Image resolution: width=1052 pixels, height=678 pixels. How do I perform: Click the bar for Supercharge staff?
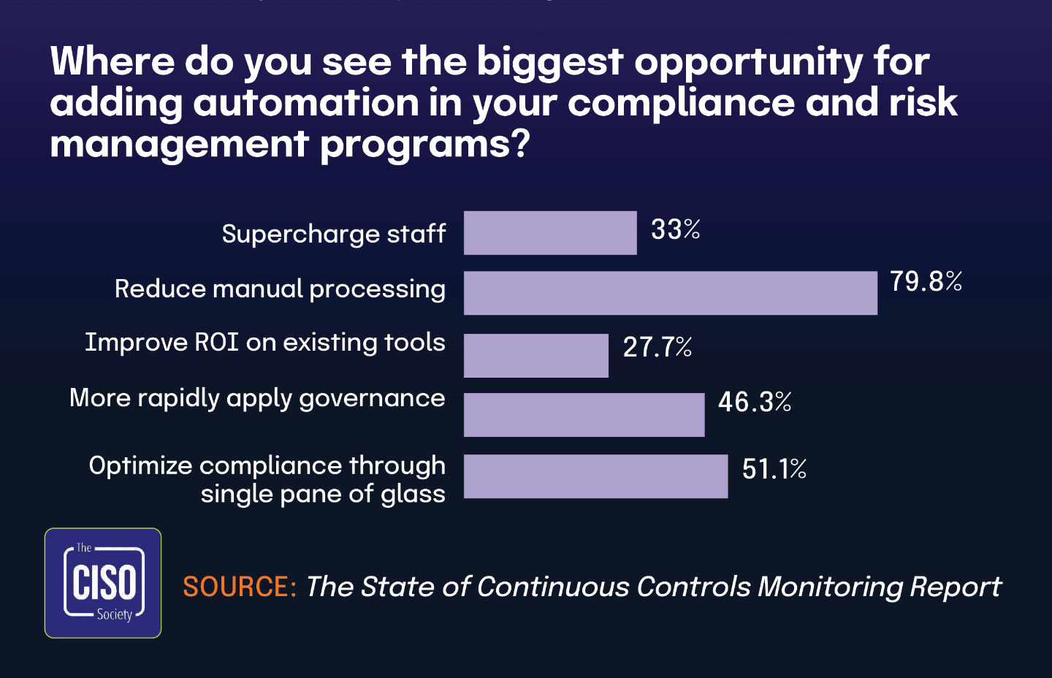pos(550,233)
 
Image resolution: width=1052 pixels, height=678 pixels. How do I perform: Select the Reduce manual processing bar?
pos(670,293)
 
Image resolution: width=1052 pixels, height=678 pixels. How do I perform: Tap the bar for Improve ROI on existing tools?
pos(535,356)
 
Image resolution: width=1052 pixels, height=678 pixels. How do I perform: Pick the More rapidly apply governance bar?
pos(584,415)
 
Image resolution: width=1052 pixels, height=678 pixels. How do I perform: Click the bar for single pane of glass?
pos(595,476)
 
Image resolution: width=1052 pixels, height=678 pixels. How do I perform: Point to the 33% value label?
pos(675,230)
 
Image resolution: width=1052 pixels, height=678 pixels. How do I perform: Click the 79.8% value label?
pos(926,281)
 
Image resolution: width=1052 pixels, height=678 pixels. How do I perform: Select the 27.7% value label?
pos(657,347)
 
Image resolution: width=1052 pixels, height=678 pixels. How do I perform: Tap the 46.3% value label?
pos(755,402)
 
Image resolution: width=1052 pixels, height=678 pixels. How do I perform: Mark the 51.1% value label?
pos(774,469)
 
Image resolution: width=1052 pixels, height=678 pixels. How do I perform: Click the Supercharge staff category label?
pos(334,235)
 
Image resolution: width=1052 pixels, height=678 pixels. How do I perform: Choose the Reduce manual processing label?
pos(280,289)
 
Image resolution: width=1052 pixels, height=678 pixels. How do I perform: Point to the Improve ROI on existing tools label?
pos(264,343)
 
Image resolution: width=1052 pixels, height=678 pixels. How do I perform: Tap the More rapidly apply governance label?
pos(257,398)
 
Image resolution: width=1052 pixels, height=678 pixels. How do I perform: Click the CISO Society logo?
pos(103,583)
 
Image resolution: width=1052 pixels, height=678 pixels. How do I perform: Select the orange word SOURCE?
pos(239,587)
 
